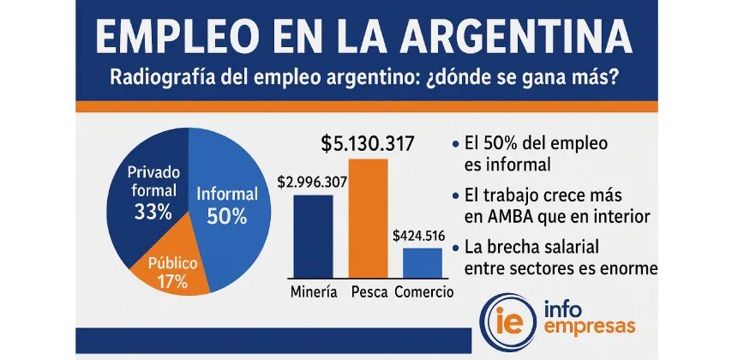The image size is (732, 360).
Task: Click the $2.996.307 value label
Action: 312,183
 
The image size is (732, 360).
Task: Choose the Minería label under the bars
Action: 314,291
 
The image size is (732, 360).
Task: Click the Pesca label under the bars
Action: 371,291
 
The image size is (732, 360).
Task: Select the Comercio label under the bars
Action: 425,291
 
